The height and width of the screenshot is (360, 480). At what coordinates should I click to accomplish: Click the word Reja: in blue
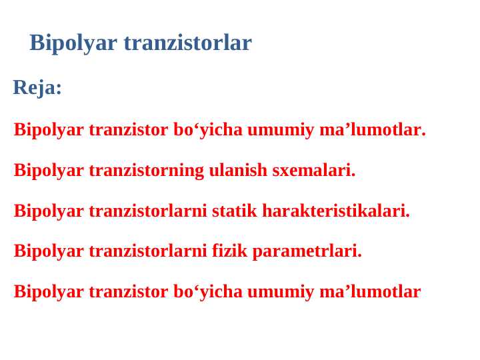[37, 87]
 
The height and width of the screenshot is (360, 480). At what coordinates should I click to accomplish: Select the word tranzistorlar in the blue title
[187, 43]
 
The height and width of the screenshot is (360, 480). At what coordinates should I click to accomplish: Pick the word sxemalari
[313, 171]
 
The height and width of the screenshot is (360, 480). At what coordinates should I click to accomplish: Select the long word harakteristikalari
[336, 211]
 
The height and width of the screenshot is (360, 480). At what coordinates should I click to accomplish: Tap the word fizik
[229, 251]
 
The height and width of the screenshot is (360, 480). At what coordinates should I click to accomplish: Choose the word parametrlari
[307, 251]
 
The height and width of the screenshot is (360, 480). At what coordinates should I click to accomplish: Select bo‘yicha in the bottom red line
[207, 292]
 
